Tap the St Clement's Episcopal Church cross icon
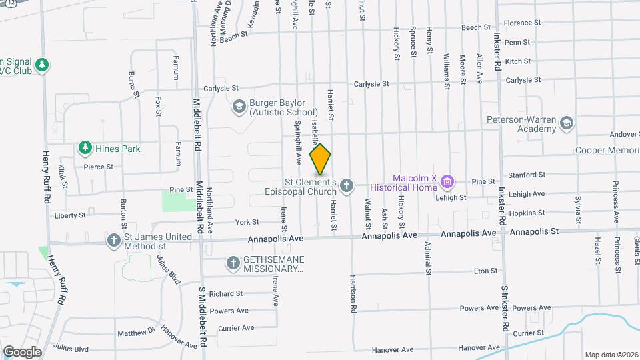point(346,185)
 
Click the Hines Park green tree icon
point(85,147)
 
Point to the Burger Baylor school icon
point(238,107)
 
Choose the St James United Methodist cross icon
point(114,239)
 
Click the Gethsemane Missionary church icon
point(233,263)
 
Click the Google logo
point(22,351)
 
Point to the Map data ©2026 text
point(610,355)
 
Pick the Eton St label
point(485,271)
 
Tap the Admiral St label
point(427,257)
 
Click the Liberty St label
point(70,215)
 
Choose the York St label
point(247,222)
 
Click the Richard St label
point(225,293)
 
